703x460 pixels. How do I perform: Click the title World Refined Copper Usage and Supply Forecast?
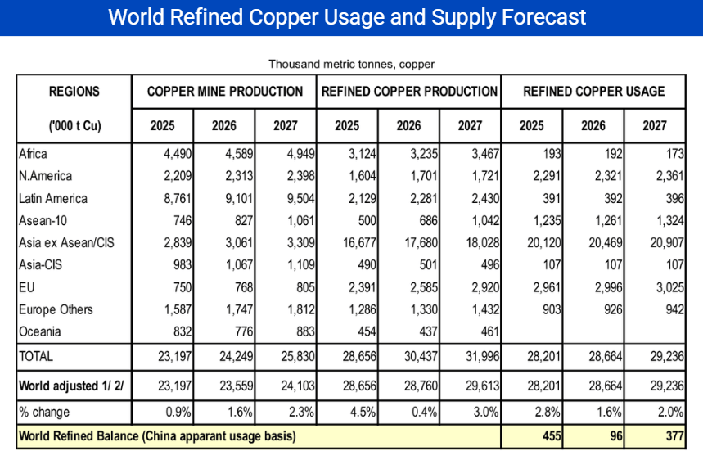[347, 17]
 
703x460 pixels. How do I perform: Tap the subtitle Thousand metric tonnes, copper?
[352, 64]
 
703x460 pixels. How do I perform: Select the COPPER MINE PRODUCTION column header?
[224, 92]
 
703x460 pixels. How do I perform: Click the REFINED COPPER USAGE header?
[593, 92]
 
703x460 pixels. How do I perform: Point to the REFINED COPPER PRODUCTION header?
[409, 92]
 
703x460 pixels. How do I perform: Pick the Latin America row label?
[53, 198]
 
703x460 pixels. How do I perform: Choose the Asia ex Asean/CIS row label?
[66, 242]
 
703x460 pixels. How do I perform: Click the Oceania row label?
[40, 331]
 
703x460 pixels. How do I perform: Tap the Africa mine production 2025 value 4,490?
[178, 154]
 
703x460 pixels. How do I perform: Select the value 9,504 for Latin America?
[301, 198]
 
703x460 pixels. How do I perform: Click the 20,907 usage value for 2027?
[667, 242]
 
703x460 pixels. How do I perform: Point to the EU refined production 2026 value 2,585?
[424, 287]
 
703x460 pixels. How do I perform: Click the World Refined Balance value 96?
[616, 435]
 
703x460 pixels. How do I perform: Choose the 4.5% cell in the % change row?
[363, 412]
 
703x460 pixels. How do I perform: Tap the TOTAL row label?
[36, 356]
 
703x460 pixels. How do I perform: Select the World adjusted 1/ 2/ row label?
[71, 386]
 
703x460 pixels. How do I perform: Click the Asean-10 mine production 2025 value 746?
[183, 220]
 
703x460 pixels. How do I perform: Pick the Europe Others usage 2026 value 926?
[613, 309]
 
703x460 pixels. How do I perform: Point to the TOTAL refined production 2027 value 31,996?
[482, 356]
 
